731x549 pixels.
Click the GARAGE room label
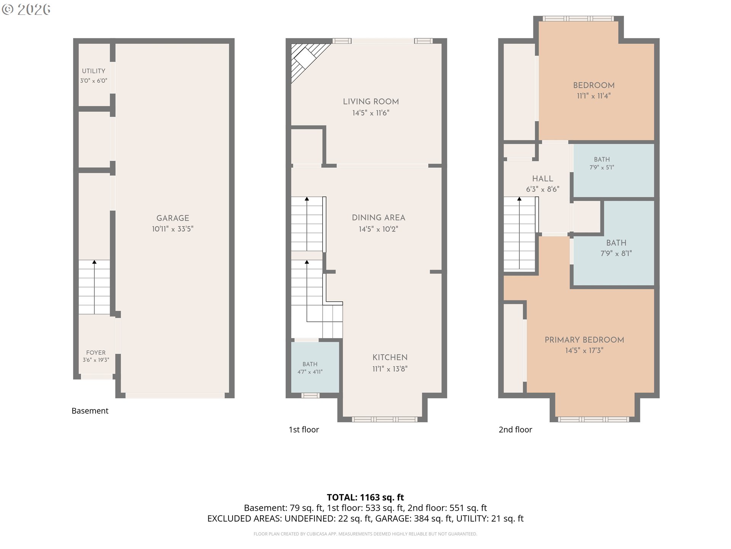coord(172,218)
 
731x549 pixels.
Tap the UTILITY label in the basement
coord(94,71)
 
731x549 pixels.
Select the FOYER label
coord(96,353)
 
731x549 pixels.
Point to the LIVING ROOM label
coord(371,102)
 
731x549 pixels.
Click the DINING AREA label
coord(378,218)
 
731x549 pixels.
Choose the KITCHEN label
coord(390,358)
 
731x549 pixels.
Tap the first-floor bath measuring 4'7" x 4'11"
coord(310,372)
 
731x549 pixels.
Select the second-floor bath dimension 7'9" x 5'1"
coord(602,167)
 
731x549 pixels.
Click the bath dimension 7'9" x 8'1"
coord(616,254)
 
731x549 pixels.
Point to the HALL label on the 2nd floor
coord(543,179)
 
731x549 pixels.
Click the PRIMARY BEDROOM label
coord(584,340)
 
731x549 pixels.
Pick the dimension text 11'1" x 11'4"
coord(594,96)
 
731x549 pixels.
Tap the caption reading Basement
coord(90,411)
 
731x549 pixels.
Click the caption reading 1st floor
coord(304,430)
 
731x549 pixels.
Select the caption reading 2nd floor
coord(516,430)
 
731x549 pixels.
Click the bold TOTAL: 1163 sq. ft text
coord(365,498)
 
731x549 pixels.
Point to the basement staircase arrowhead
coord(94,262)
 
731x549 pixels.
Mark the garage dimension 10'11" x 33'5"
coord(172,229)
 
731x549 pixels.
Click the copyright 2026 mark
coord(26,10)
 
